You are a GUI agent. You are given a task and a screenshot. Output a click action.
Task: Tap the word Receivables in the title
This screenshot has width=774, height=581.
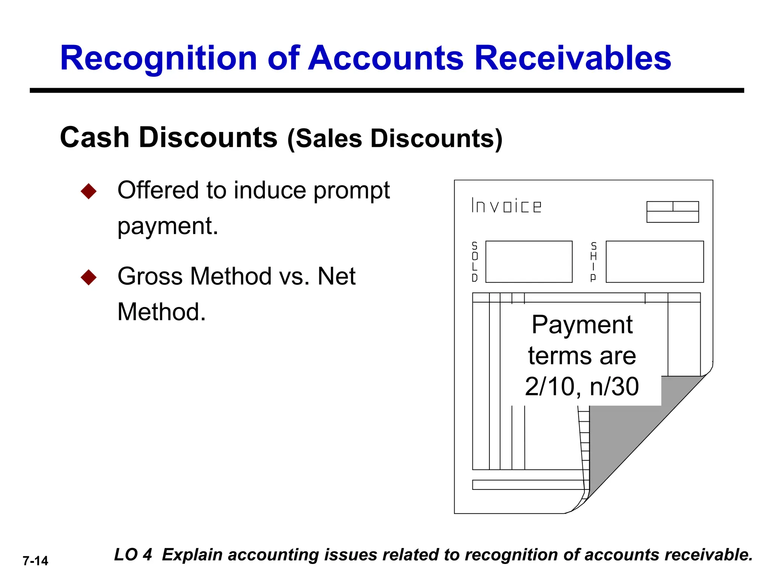tap(573, 59)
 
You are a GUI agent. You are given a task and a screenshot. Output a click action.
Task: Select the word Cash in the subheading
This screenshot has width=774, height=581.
tap(94, 137)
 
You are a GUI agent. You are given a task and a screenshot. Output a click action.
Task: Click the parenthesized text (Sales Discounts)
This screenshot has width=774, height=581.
tap(395, 139)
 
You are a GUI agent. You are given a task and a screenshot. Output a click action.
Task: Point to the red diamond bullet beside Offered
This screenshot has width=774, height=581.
tap(89, 191)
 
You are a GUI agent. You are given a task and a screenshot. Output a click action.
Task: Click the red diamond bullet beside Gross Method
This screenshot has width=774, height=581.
tap(89, 277)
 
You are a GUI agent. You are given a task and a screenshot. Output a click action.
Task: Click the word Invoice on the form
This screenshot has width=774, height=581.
tap(506, 206)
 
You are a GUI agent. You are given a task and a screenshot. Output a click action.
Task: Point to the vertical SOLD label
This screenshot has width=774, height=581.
tap(475, 262)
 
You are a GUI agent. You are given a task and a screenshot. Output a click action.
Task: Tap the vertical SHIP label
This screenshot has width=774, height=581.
tap(593, 262)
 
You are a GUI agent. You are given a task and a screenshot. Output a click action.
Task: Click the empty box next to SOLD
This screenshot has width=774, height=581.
tap(529, 262)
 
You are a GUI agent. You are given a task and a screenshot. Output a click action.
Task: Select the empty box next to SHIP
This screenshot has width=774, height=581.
tap(655, 262)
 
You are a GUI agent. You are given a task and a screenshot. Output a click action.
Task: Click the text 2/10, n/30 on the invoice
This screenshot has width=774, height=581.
tap(582, 387)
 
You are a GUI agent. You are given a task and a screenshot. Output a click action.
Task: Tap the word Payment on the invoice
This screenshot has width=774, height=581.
tap(582, 325)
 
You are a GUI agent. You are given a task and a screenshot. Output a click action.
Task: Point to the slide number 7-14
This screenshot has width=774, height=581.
tap(36, 561)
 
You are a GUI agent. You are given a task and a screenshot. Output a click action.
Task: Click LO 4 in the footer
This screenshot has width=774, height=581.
tap(133, 555)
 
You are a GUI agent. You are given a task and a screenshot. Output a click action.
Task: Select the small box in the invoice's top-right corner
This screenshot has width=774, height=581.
tap(672, 212)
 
